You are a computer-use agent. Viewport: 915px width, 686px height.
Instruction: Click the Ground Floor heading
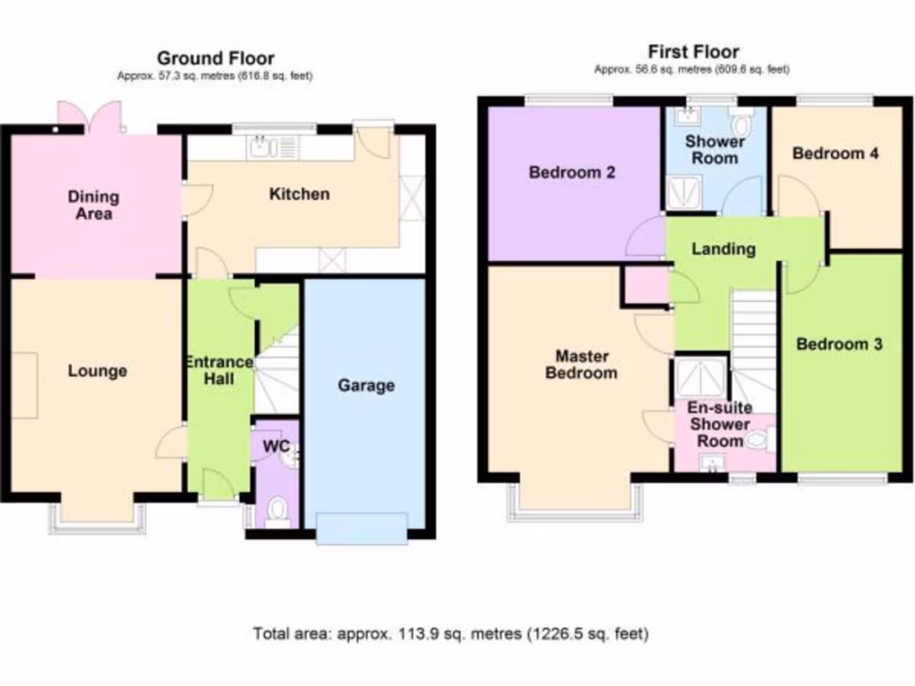(215, 59)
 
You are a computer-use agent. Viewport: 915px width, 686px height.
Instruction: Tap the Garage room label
(365, 386)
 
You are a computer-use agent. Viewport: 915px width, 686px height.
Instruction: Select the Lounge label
(97, 371)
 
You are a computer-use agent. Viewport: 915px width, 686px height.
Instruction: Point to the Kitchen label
(299, 194)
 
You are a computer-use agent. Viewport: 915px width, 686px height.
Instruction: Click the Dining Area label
(94, 205)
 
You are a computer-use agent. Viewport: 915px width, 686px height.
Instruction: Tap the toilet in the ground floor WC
(278, 511)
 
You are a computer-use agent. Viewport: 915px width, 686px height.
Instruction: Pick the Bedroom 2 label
(572, 172)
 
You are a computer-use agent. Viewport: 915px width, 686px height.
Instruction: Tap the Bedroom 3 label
(839, 344)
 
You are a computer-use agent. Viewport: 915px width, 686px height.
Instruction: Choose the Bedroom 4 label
(835, 154)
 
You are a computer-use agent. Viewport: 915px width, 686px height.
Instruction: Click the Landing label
(723, 249)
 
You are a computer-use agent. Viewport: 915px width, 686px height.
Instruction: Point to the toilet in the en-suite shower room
(760, 439)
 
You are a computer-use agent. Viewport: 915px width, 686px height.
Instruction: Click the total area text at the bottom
(450, 634)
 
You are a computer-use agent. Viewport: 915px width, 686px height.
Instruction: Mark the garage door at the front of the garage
(363, 527)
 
